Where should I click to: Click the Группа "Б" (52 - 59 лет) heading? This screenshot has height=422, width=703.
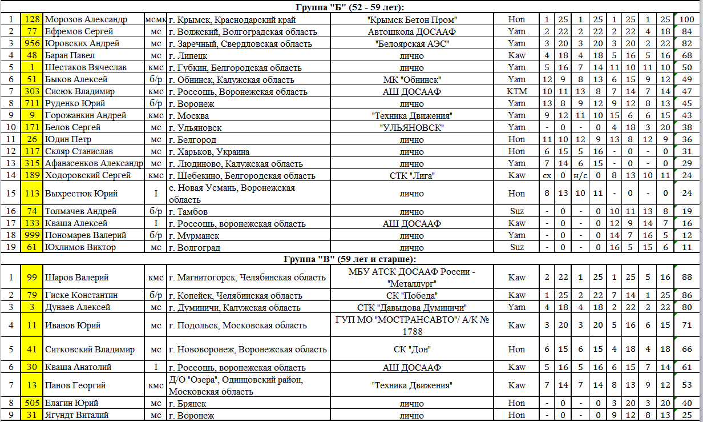pos(350,7)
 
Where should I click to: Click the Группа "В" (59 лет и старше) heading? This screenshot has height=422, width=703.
pos(350,259)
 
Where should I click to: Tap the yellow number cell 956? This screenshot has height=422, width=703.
pos(32,44)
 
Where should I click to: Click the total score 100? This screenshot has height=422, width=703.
pos(687,20)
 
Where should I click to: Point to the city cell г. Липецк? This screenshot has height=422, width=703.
pos(188,56)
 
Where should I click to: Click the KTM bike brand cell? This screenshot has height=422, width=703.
pos(516,92)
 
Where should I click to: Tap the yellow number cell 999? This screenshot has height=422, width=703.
pos(32,235)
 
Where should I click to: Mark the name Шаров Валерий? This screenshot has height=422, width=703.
pos(76,278)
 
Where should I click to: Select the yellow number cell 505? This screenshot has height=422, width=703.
pos(32,403)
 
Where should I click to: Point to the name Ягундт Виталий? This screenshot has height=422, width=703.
pos(77,415)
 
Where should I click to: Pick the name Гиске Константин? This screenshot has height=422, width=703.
pos(82,296)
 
